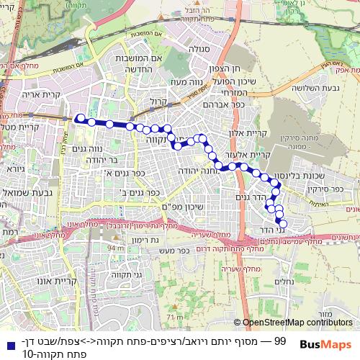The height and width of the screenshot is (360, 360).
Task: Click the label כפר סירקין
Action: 330,189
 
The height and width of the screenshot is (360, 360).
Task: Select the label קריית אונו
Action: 75,282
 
